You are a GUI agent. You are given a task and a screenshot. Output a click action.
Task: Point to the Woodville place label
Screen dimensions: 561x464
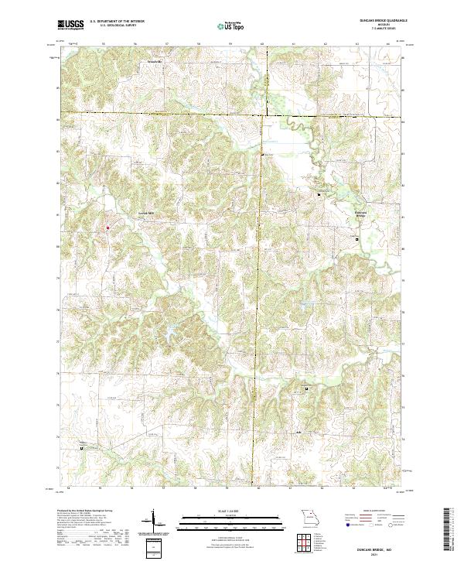click(157, 60)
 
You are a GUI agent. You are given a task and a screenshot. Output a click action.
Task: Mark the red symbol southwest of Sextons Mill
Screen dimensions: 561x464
click(107, 227)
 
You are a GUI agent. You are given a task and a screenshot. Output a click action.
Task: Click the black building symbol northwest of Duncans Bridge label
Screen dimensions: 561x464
click(319, 195)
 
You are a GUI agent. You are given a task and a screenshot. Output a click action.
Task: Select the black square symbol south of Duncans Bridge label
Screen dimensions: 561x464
click(357, 240)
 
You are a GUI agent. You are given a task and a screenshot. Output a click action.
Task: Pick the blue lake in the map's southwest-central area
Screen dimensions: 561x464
click(165, 335)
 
